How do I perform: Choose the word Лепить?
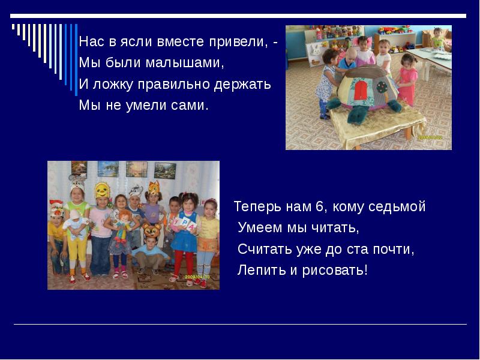click(x=261, y=270)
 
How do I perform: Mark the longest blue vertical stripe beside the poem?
click(x=76, y=59)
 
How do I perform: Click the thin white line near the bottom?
click(x=240, y=324)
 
